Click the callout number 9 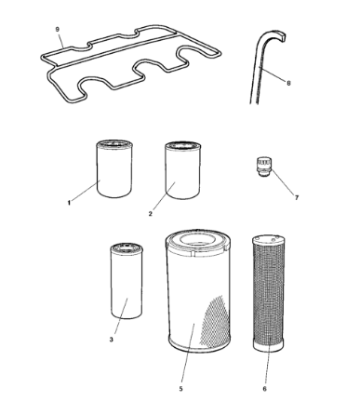tap(58, 29)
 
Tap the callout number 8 tap(288, 83)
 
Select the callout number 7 tap(297, 197)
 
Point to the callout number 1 tap(69, 203)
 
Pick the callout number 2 tap(151, 214)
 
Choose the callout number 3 tap(112, 340)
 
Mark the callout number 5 tap(180, 389)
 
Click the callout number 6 tap(264, 389)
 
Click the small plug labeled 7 tap(264, 167)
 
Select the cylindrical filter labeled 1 tap(114, 168)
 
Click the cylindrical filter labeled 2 tap(182, 170)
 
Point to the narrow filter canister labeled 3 tap(127, 281)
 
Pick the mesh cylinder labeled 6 tap(269, 293)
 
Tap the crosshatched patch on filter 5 tap(215, 321)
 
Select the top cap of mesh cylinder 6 tap(269, 239)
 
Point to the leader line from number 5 tap(188, 353)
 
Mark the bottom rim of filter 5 tap(200, 346)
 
